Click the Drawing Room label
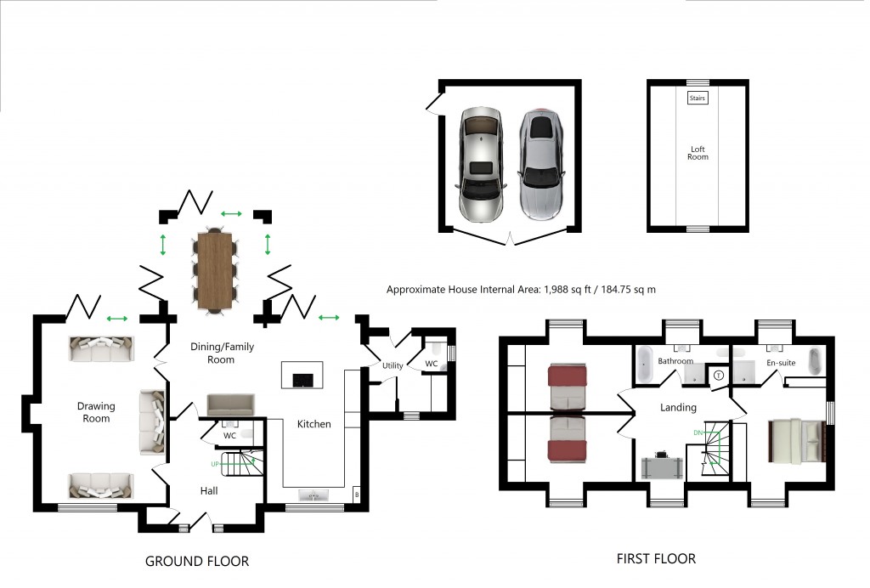(96, 412)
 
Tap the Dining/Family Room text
(220, 353)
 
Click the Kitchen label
(314, 423)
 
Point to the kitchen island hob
(302, 379)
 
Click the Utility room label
(392, 365)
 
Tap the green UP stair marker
(217, 465)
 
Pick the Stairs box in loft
(697, 99)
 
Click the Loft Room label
(698, 153)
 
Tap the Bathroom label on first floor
(675, 361)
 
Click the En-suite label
(780, 362)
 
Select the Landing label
(678, 408)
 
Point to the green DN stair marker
(698, 433)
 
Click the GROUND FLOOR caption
(197, 561)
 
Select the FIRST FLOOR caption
(656, 558)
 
